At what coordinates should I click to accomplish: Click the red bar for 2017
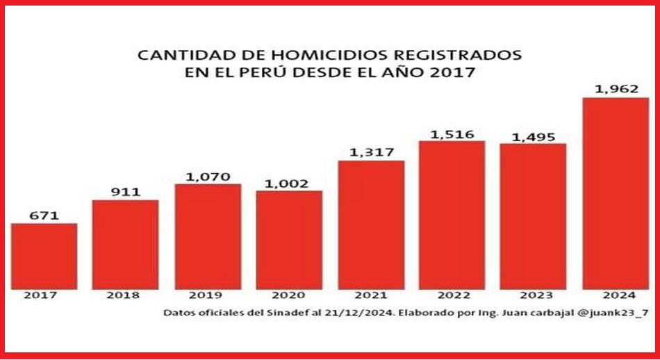tap(44, 255)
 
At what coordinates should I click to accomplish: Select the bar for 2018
tap(125, 243)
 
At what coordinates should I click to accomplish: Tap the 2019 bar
tap(208, 236)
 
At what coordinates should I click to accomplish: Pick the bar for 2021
tap(371, 224)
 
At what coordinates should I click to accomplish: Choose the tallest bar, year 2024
tap(616, 193)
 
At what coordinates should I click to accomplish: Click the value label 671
tap(43, 215)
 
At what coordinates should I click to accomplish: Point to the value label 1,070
tap(207, 177)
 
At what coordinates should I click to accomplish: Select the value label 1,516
tap(452, 133)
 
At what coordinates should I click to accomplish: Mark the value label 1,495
tap(533, 136)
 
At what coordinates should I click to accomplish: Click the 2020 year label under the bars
tap(288, 295)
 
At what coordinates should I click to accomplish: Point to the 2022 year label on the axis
tap(452, 295)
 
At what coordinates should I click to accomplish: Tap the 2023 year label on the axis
tap(533, 295)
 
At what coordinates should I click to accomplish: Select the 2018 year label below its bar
tap(125, 295)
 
